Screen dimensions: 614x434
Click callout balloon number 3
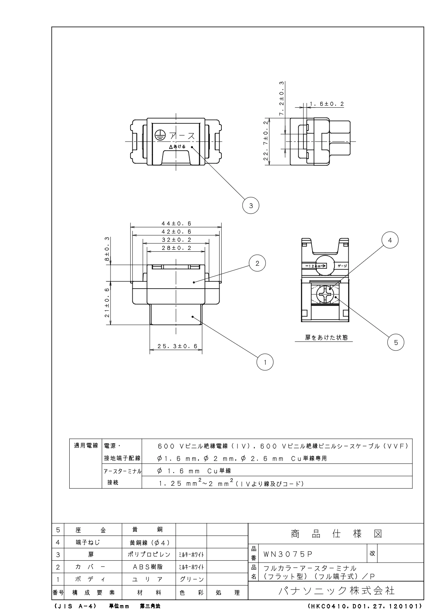pyautogui.click(x=251, y=205)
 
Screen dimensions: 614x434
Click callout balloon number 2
pyautogui.click(x=257, y=263)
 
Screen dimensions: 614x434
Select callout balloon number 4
pyautogui.click(x=390, y=240)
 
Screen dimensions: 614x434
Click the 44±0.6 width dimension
pyautogui.click(x=177, y=224)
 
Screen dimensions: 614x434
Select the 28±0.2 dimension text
pyautogui.click(x=177, y=248)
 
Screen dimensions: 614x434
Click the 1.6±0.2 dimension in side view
pyautogui.click(x=327, y=104)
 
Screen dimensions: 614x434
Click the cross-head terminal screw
pyautogui.click(x=325, y=294)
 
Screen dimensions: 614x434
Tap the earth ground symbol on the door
pyautogui.click(x=159, y=135)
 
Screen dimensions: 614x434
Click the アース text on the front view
pyautogui.click(x=181, y=135)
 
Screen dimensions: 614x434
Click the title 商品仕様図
pyautogui.click(x=336, y=534)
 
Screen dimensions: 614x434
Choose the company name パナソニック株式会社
pyautogui.click(x=336, y=590)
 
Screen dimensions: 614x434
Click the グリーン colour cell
pyautogui.click(x=191, y=579)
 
